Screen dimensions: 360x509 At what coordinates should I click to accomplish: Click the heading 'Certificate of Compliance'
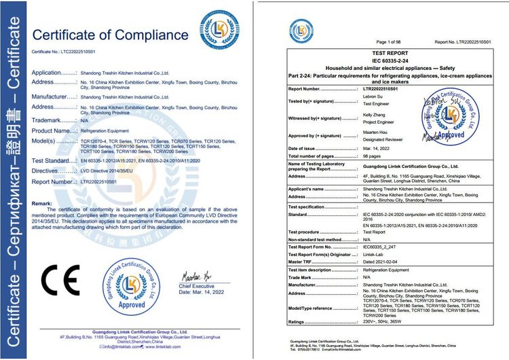[x=111, y=34]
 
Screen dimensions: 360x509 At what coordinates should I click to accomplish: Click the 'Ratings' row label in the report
[x=299, y=322]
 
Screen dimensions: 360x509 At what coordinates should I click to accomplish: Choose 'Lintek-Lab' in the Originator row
[x=375, y=254]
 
